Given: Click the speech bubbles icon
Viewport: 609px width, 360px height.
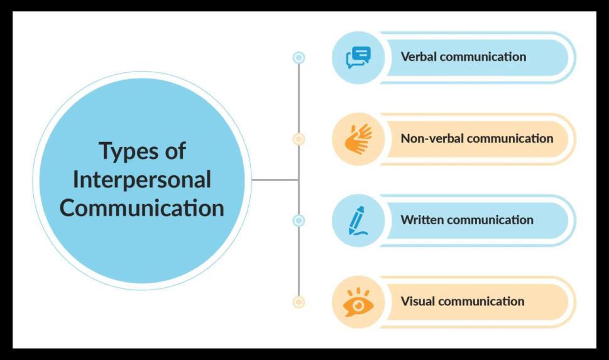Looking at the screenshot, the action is click(358, 57).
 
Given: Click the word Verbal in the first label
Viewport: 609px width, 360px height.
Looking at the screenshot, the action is click(419, 57).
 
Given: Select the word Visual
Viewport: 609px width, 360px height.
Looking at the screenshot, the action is click(418, 301).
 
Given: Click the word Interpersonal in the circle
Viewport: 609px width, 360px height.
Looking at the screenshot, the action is click(142, 180).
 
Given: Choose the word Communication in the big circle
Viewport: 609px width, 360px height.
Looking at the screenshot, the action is click(142, 208).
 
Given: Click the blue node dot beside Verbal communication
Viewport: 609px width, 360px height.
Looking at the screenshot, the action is click(299, 58).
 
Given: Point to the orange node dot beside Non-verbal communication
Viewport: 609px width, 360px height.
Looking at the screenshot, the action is click(299, 139).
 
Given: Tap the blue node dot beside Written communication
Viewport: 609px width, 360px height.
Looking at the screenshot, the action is click(299, 221).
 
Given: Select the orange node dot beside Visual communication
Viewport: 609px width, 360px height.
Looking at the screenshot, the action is click(299, 302).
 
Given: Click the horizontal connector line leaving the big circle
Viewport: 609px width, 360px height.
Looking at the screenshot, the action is click(275, 180).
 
